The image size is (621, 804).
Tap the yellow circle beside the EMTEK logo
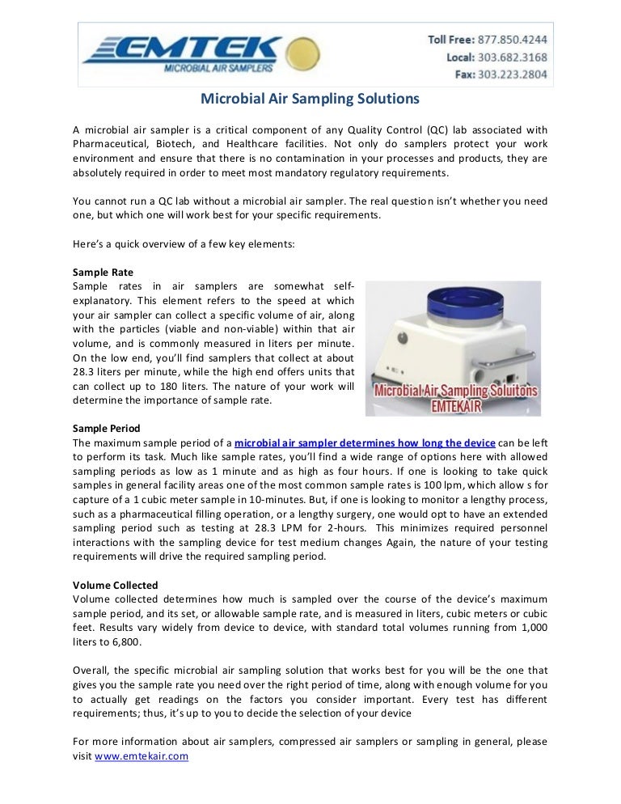click(302, 52)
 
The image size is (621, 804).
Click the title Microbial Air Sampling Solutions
click(310, 99)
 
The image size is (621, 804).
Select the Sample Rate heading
click(103, 273)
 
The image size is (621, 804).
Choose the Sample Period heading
click(107, 429)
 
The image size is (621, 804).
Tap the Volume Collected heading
click(115, 585)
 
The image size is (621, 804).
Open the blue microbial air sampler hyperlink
click(365, 442)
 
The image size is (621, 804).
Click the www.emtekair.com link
click(142, 756)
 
